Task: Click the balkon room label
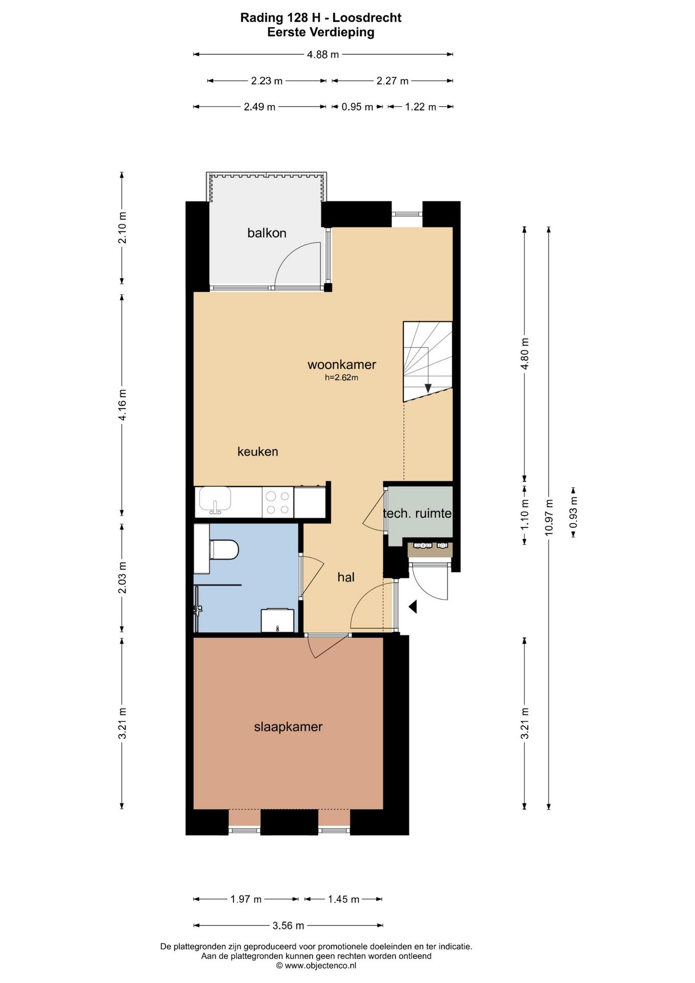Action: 267,233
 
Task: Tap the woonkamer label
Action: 342,365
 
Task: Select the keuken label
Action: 258,452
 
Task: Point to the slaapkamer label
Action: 288,727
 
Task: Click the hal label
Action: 346,578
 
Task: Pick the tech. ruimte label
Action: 418,513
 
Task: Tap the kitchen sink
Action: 215,500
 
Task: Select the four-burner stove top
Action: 278,502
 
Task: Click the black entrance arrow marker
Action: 413,607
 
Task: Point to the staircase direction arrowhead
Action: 428,388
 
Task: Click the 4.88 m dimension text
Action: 323,54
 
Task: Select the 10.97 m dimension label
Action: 549,517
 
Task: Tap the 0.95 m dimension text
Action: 357,107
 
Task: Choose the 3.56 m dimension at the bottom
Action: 289,926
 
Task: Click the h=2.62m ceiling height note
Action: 341,378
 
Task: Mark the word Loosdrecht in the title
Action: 367,18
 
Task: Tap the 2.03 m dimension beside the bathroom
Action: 122,578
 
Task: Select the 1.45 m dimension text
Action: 344,900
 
